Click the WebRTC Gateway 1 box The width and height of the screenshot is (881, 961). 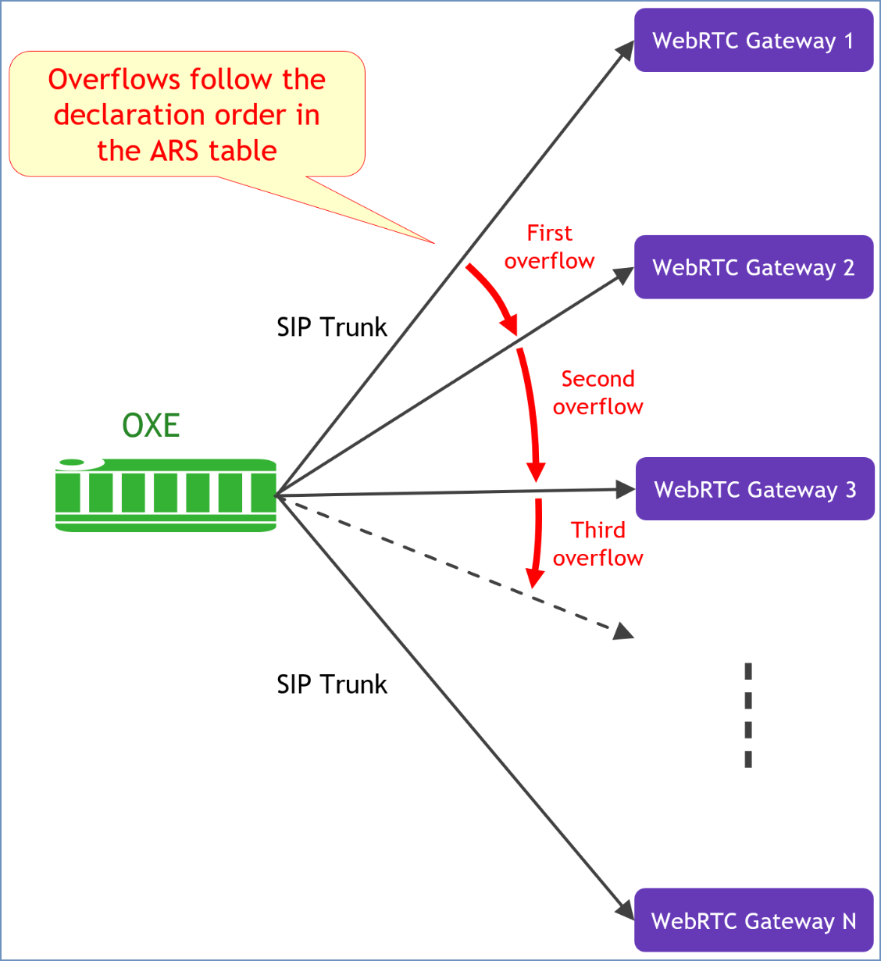tap(753, 41)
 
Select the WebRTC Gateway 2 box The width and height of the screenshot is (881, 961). tap(753, 267)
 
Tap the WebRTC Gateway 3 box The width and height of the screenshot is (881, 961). tap(754, 489)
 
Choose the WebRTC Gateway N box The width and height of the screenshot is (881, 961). tap(753, 920)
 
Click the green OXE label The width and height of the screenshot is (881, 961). tap(151, 426)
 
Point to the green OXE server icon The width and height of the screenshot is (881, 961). tap(166, 495)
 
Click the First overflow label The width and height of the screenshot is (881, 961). tap(549, 247)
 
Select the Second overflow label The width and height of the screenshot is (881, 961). tap(597, 392)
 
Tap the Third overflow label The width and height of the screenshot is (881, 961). tap(597, 544)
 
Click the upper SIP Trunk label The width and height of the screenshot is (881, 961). tap(331, 327)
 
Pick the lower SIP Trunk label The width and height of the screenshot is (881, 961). tap(331, 684)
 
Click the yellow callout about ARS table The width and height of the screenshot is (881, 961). tap(187, 114)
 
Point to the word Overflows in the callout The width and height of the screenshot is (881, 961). tap(114, 79)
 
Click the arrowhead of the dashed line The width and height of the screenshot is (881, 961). tap(624, 631)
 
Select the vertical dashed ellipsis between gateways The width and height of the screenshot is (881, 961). tap(748, 715)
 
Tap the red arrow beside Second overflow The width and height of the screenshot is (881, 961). tap(530, 414)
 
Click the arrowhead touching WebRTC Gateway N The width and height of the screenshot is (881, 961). tap(626, 911)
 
